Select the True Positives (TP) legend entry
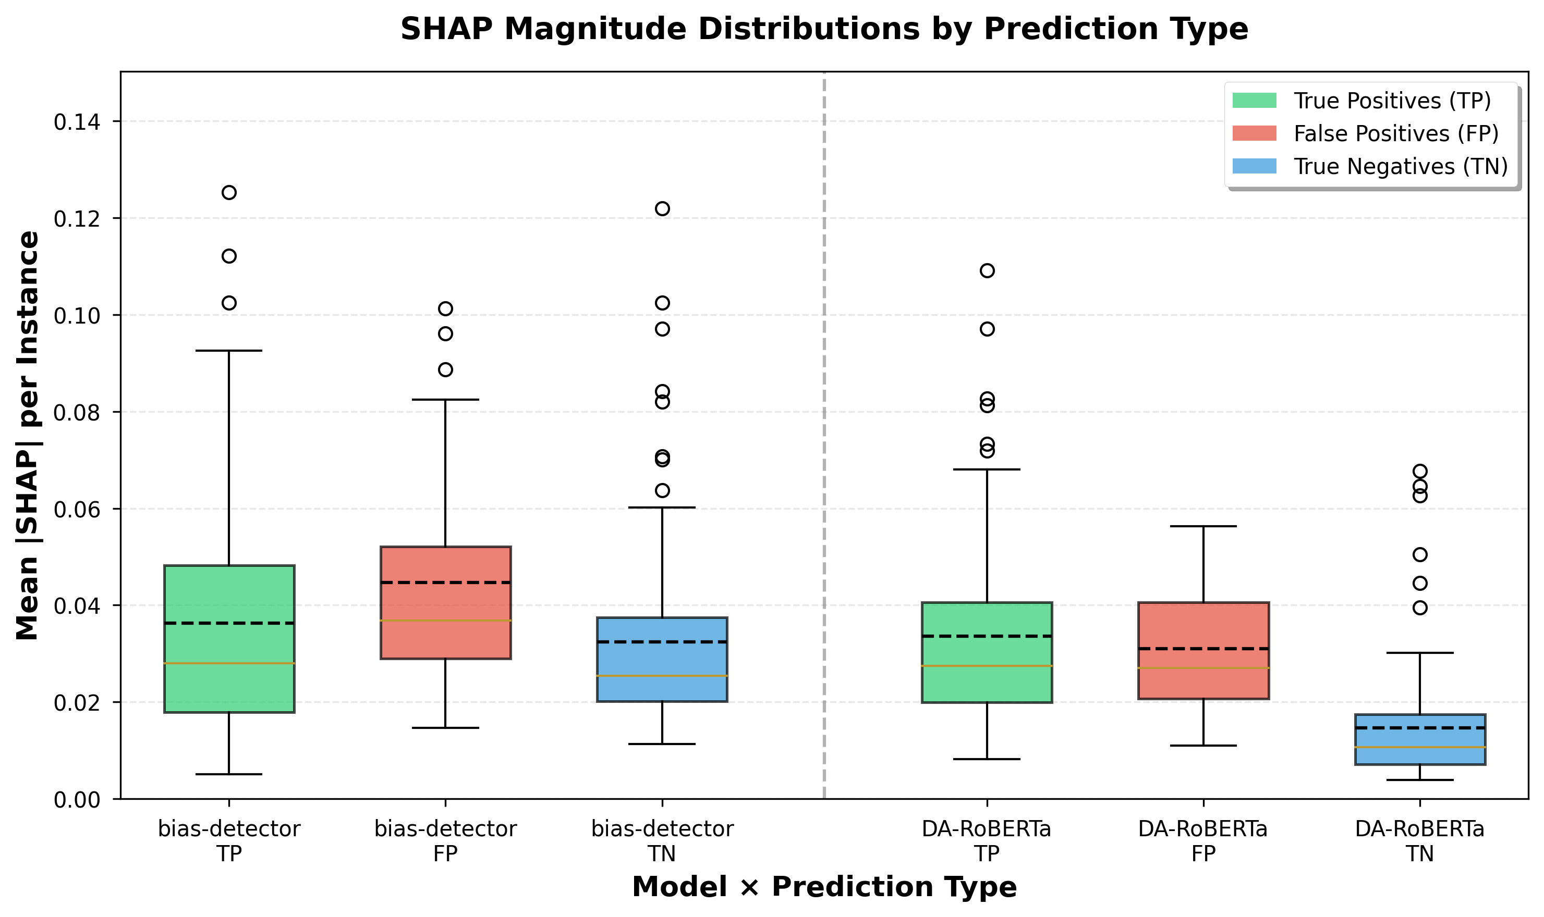point(1391,101)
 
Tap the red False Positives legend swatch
point(1254,133)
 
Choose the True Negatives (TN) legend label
point(1401,166)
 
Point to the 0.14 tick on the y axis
point(77,122)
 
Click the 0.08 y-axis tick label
point(77,413)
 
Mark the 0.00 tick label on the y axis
point(77,800)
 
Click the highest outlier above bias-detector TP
point(229,192)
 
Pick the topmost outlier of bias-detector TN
point(662,208)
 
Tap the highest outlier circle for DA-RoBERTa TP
point(987,270)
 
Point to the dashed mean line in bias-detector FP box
point(445,582)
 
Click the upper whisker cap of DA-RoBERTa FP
point(1203,526)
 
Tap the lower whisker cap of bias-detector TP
point(229,774)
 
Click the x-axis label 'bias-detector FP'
point(445,840)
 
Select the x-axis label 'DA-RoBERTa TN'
point(1420,840)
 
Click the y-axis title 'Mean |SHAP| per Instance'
point(28,436)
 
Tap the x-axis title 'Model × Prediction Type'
point(824,887)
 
